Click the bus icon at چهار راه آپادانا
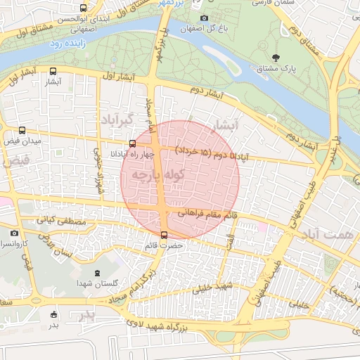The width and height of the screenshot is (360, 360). [x=132, y=143]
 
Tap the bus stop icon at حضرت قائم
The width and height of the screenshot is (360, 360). [x=164, y=235]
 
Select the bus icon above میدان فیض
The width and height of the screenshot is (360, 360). [x=22, y=130]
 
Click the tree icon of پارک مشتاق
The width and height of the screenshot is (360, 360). [x=275, y=57]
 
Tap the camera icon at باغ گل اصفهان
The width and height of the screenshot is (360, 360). [x=204, y=18]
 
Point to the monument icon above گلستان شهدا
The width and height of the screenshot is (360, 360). [x=96, y=273]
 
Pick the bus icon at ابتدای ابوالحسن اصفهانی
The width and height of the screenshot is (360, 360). [x=84, y=8]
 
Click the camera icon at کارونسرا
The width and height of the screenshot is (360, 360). [x=14, y=232]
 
